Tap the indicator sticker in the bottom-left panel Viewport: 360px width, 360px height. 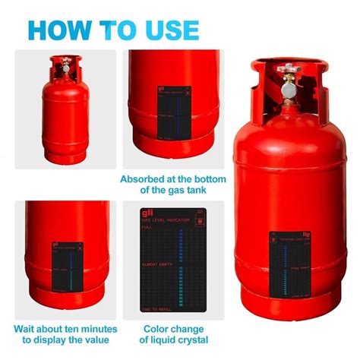click(68, 269)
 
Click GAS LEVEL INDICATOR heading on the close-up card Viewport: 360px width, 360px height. click(166, 220)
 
